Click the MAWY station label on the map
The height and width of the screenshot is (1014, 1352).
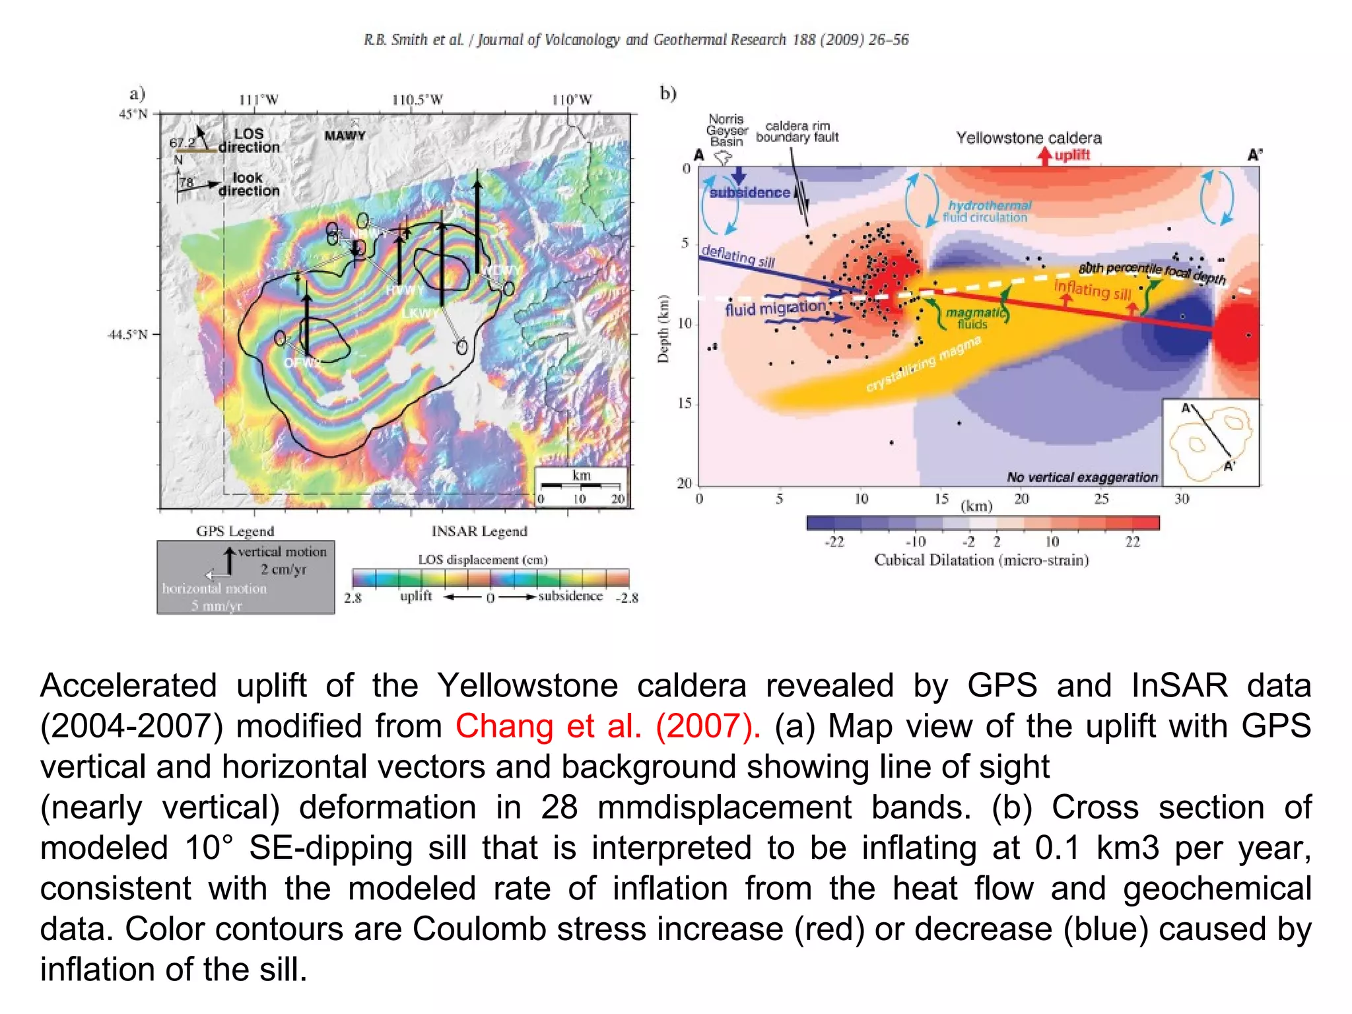click(345, 135)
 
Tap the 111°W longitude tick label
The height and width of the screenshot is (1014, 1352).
click(258, 100)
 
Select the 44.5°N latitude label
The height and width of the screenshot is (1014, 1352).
click(127, 335)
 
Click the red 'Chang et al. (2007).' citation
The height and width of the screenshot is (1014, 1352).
click(607, 726)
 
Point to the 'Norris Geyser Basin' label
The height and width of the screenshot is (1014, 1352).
click(726, 130)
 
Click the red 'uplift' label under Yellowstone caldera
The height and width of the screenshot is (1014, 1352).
click(1072, 155)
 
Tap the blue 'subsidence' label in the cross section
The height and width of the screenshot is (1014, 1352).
click(749, 193)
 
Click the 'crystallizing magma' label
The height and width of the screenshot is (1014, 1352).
click(924, 364)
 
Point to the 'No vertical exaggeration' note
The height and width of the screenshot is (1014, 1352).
click(1082, 477)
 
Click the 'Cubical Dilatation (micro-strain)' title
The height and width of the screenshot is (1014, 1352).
click(981, 560)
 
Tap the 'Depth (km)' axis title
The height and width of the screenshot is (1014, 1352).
click(663, 329)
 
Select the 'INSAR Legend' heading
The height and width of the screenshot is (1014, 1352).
click(479, 531)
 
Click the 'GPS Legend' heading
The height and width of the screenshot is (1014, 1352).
click(235, 531)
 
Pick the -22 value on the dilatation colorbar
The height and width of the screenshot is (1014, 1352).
click(834, 542)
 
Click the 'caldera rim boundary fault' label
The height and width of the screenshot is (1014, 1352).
click(797, 131)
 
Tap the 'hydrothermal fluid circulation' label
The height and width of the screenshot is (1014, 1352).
click(986, 211)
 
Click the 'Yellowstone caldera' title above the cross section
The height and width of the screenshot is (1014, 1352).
click(1029, 138)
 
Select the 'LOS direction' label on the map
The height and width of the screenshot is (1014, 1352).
click(249, 141)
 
